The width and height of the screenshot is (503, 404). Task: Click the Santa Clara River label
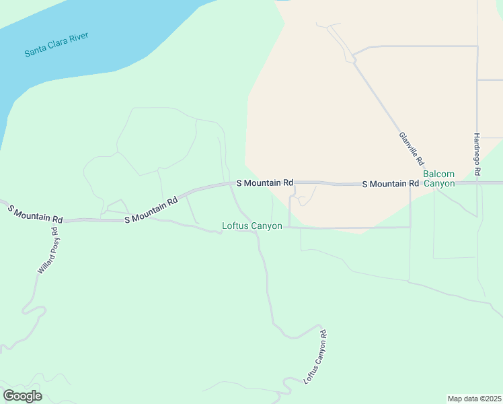click(56, 44)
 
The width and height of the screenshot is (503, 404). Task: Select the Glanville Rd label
click(412, 148)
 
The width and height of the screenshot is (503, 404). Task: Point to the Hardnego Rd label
click(476, 154)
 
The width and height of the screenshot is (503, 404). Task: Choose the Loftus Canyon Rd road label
click(315, 357)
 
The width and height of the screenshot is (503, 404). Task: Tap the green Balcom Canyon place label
click(439, 178)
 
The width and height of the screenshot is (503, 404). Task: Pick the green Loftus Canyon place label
click(252, 226)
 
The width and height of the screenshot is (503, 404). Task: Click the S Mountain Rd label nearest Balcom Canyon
click(390, 184)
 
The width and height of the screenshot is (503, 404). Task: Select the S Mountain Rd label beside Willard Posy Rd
click(35, 214)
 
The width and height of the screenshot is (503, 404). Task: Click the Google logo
click(22, 396)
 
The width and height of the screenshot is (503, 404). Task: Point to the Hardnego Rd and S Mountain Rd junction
click(477, 182)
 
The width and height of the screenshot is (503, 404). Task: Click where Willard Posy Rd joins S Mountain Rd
click(59, 220)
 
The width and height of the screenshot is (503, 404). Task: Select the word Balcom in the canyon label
click(439, 174)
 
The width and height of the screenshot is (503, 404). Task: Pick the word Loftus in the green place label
click(235, 226)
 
